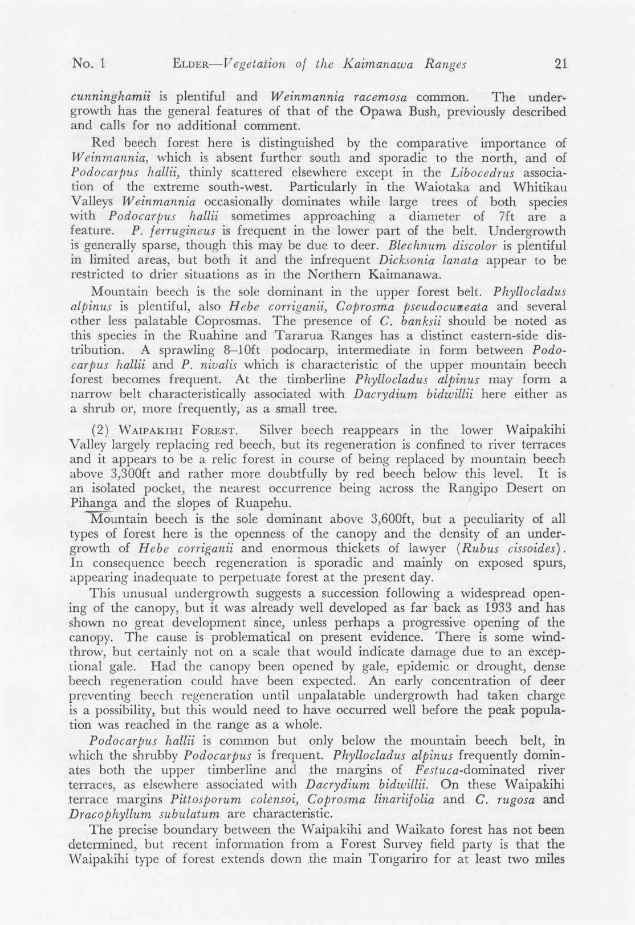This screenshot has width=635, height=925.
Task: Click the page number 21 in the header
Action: click(x=559, y=64)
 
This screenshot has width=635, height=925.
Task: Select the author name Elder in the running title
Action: click(x=189, y=64)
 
